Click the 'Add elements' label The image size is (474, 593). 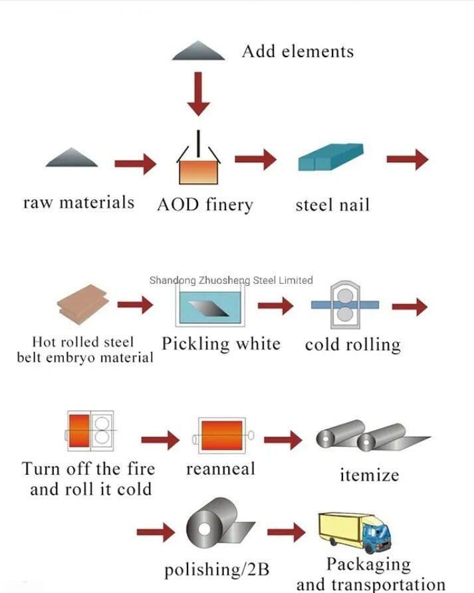tap(297, 51)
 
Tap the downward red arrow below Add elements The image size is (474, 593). tap(197, 94)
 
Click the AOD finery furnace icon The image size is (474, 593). tap(198, 164)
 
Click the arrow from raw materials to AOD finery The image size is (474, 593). tap(135, 162)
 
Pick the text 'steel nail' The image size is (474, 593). tap(332, 204)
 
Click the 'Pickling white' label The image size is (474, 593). tap(221, 344)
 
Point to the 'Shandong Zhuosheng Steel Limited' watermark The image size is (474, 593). tap(231, 280)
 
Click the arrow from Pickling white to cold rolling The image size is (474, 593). tap(275, 305)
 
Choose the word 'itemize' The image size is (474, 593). tap(369, 475)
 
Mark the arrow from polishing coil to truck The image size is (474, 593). tap(287, 532)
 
